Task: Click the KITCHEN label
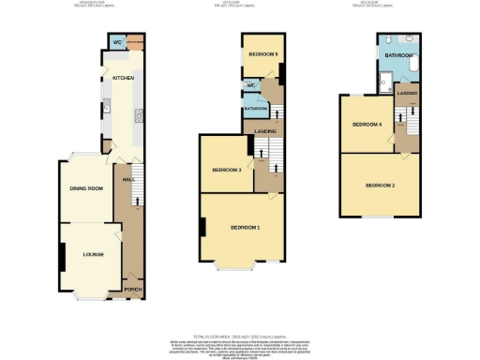coord(124,78)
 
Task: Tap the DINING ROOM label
coord(85,188)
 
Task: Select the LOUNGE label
coord(93,253)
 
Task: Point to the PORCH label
coord(132,290)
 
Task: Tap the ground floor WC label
coord(118,43)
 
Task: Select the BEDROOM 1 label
coord(246,228)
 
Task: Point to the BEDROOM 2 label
coord(380,185)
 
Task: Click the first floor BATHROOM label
coord(256,109)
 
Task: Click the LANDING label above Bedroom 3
coord(265,131)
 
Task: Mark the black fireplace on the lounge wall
coord(63,254)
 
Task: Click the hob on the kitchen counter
coord(139,116)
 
